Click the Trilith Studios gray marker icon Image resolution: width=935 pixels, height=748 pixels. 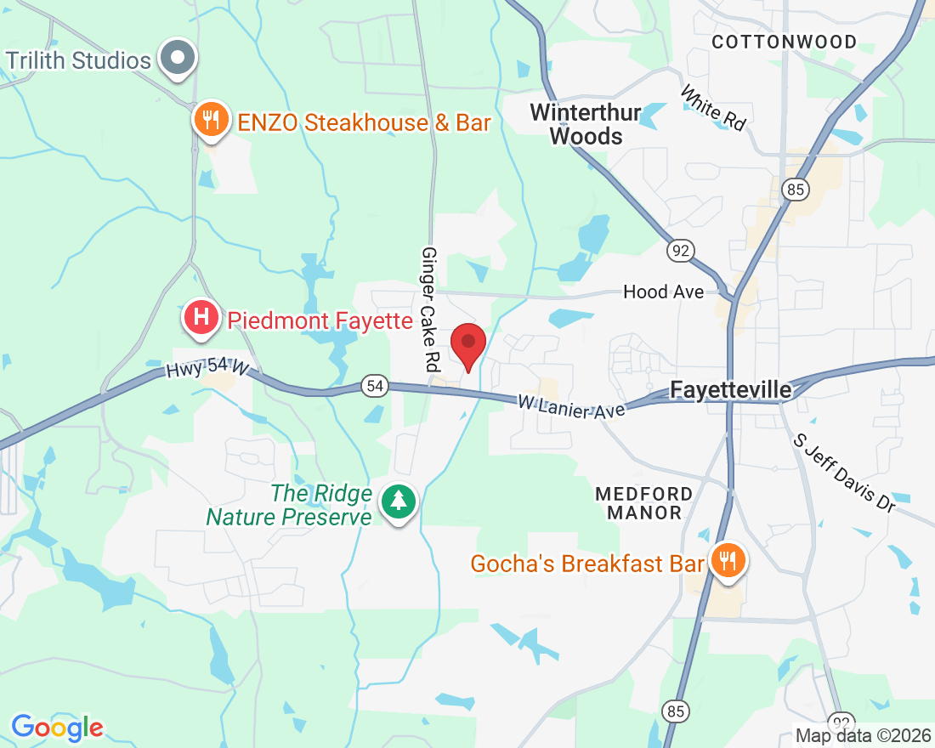click(x=178, y=58)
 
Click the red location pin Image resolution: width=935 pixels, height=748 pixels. click(x=468, y=344)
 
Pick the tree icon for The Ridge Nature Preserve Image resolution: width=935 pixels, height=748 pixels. click(x=398, y=501)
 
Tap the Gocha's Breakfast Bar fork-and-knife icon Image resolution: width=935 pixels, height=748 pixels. click(x=727, y=560)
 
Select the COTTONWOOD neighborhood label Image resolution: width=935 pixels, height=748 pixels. click(x=784, y=42)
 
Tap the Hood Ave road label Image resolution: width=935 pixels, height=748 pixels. click(x=663, y=292)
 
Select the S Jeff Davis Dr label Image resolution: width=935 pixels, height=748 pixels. click(x=844, y=473)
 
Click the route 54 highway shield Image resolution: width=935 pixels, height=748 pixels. click(x=375, y=386)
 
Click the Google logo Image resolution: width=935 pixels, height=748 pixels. click(x=57, y=728)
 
